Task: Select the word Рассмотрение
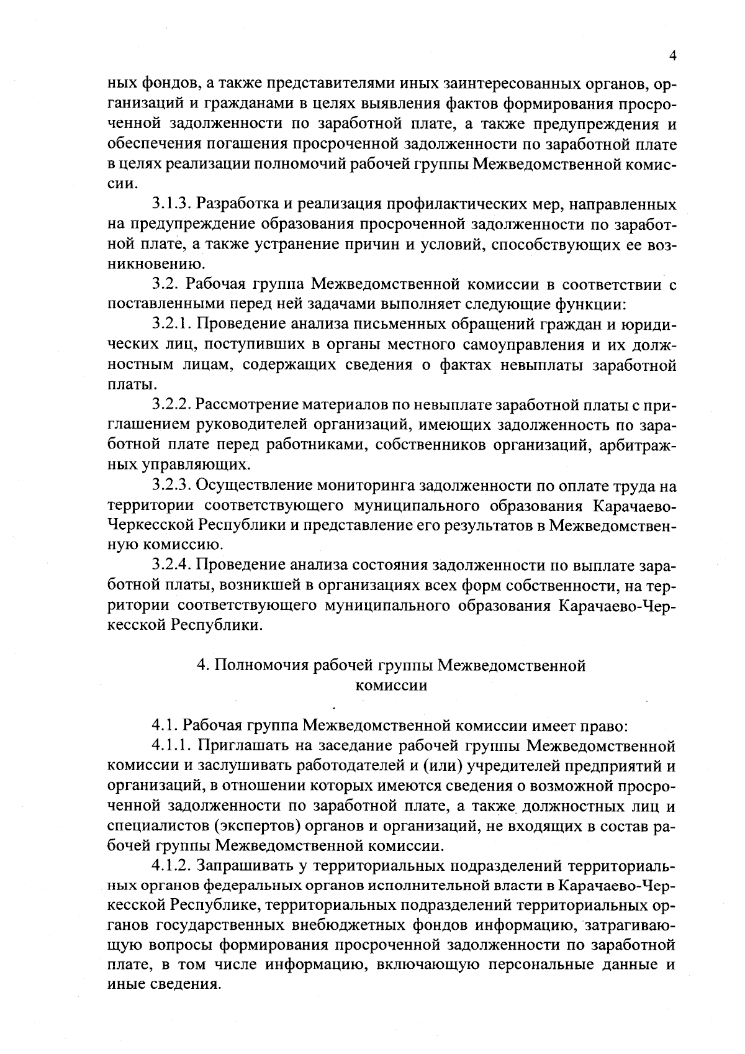click(x=247, y=405)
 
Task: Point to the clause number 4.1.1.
click(x=174, y=746)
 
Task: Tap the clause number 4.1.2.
click(x=174, y=866)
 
